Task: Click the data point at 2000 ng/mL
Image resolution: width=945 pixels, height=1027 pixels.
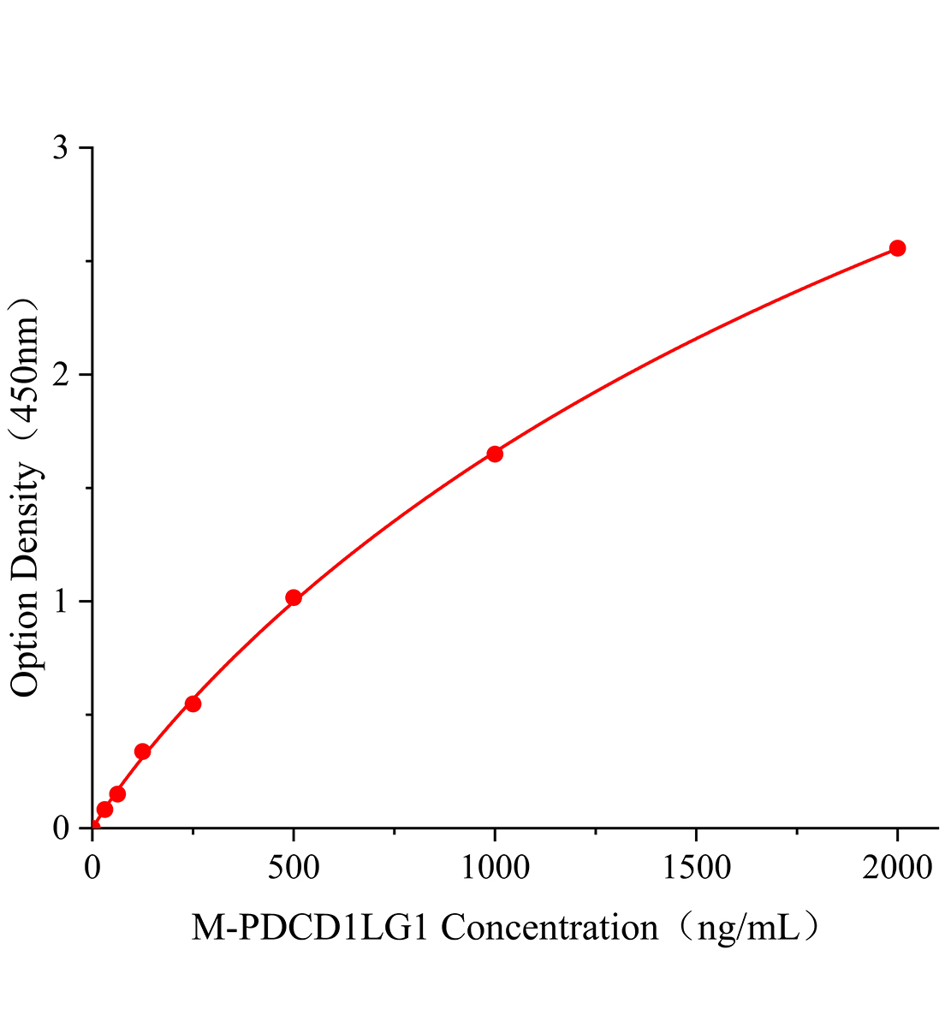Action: [897, 248]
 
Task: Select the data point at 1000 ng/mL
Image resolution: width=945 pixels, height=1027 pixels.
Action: [495, 454]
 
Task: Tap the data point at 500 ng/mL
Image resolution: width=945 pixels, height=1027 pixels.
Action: [294, 597]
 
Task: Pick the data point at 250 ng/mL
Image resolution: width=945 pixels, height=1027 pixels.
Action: [193, 703]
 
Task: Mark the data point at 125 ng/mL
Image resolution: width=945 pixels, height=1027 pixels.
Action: [143, 751]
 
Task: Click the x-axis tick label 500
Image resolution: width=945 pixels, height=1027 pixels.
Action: [294, 869]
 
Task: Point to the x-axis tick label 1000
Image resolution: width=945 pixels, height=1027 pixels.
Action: [495, 869]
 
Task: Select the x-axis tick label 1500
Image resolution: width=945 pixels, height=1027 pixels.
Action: [696, 869]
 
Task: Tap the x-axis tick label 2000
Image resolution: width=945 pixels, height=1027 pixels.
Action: [897, 869]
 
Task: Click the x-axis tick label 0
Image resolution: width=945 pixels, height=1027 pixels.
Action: [92, 869]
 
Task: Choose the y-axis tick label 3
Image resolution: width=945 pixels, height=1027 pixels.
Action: [60, 148]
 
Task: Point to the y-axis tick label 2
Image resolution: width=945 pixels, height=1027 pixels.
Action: [60, 375]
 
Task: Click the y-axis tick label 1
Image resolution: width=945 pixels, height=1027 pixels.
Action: [60, 602]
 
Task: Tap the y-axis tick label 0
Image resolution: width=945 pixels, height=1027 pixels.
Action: [60, 828]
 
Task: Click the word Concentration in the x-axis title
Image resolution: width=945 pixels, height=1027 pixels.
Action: [550, 928]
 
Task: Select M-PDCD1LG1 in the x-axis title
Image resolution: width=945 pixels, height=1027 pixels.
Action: [312, 928]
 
